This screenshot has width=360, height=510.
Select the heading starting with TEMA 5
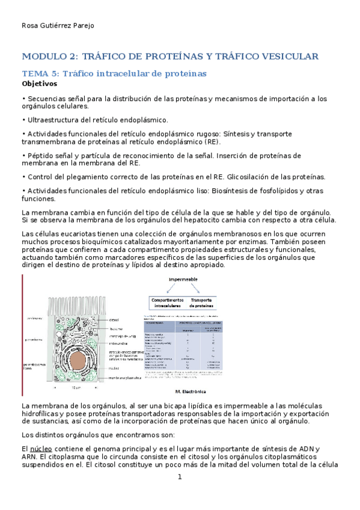click(114, 73)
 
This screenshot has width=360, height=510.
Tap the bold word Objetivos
click(40, 84)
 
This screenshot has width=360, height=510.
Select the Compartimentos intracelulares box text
click(166, 303)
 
